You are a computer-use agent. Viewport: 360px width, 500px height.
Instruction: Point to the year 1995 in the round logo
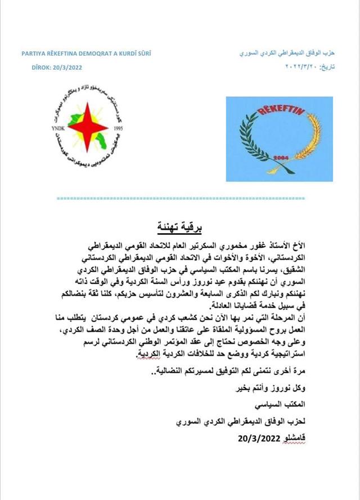[x=118, y=128]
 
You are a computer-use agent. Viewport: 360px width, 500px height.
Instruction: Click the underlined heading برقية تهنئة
[x=179, y=228]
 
